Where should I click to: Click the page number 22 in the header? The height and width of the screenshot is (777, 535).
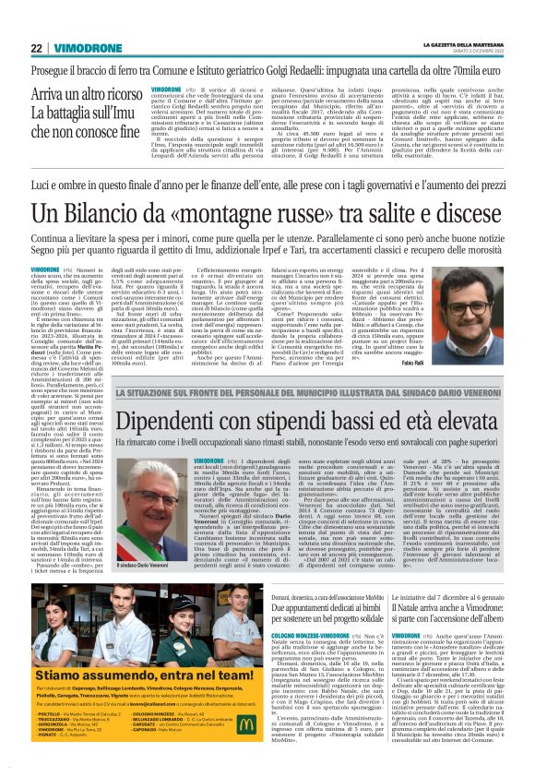(x=36, y=48)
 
